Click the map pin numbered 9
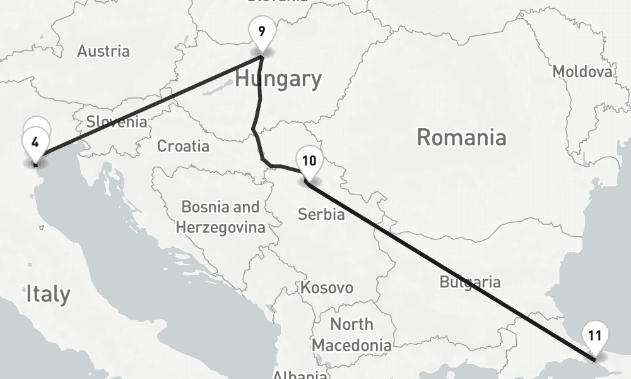pyautogui.click(x=261, y=32)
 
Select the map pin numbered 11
pyautogui.click(x=594, y=336)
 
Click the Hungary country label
pyautogui.click(x=278, y=79)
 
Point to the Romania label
pyautogui.click(x=461, y=137)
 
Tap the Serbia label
pyautogui.click(x=321, y=214)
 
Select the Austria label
pyautogui.click(x=103, y=51)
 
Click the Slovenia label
pyautogui.click(x=117, y=122)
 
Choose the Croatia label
pyautogui.click(x=183, y=147)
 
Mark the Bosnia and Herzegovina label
pyautogui.click(x=220, y=217)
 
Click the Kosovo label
pyautogui.click(x=326, y=288)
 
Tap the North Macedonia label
pyautogui.click(x=351, y=335)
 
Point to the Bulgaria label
pyautogui.click(x=470, y=282)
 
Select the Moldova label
pyautogui.click(x=582, y=72)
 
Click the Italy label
pyautogui.click(x=48, y=294)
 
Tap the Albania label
pyautogui.click(x=298, y=374)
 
